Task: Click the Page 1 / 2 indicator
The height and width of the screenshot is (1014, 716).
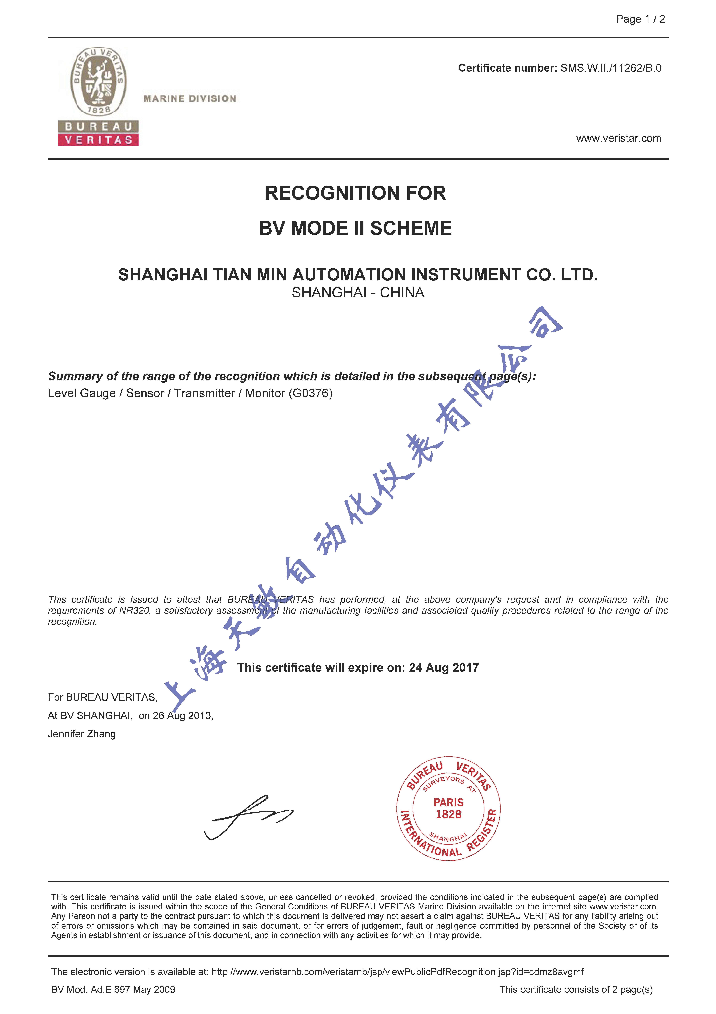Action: point(640,19)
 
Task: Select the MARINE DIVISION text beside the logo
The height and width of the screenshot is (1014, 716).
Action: point(190,98)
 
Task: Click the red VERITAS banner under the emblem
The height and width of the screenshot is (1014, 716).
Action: point(98,140)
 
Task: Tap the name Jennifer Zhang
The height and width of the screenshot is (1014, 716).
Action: point(82,734)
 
